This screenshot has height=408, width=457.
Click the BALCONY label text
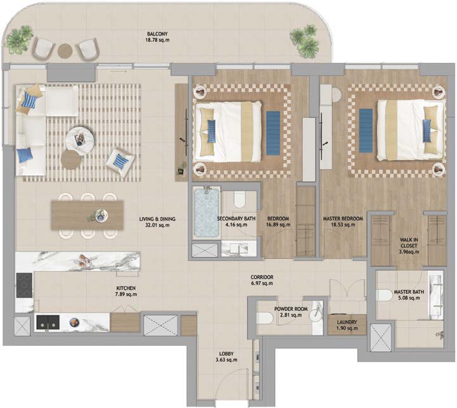(x=157, y=34)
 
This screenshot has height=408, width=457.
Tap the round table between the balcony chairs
(x=65, y=51)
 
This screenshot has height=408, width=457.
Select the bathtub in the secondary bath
(x=207, y=213)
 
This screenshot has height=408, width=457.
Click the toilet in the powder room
(x=265, y=317)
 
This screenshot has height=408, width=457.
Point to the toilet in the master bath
(x=384, y=295)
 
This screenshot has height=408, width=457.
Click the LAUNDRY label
(x=347, y=322)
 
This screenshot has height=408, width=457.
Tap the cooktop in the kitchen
(x=24, y=285)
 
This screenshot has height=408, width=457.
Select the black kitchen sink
(x=48, y=322)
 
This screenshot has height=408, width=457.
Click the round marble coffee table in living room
(x=80, y=140)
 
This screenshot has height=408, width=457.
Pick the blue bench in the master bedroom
(x=366, y=131)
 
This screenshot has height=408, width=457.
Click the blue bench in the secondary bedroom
(x=273, y=133)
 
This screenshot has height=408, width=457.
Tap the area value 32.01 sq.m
(x=157, y=225)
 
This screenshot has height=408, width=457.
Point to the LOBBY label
(x=226, y=353)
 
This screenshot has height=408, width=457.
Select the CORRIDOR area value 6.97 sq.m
(x=262, y=283)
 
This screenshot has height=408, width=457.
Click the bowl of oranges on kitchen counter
(x=74, y=322)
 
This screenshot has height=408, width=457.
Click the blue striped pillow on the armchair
(x=120, y=161)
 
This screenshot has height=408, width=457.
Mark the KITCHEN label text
(x=126, y=288)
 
